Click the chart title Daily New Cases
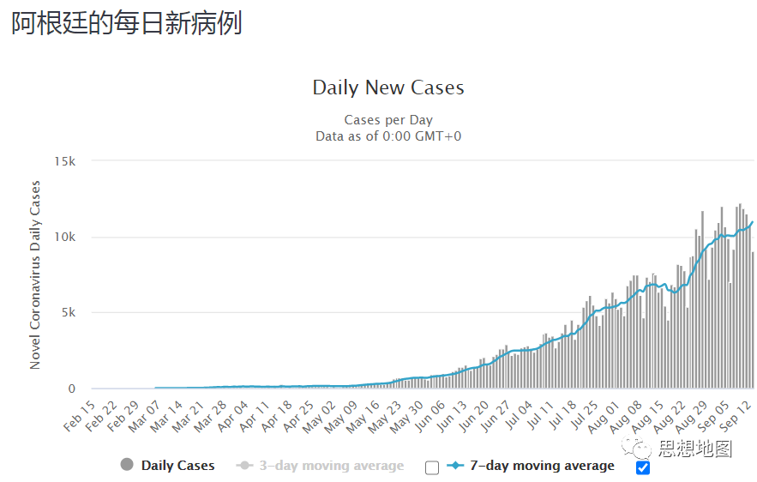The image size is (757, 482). click(x=388, y=87)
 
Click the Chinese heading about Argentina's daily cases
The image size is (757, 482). click(x=126, y=23)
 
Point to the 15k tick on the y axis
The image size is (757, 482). click(x=65, y=161)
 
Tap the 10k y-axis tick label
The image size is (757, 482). click(x=65, y=237)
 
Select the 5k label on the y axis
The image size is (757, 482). click(x=69, y=313)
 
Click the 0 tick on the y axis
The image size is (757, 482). click(x=73, y=389)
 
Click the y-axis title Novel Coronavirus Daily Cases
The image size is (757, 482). click(x=35, y=274)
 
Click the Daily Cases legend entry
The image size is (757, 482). click(x=177, y=466)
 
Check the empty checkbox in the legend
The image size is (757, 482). click(x=432, y=467)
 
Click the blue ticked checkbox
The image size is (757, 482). click(x=643, y=467)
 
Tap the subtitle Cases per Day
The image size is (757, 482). click(x=388, y=120)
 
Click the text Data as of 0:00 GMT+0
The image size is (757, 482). click(x=388, y=136)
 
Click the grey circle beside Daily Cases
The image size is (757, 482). click(x=127, y=465)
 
